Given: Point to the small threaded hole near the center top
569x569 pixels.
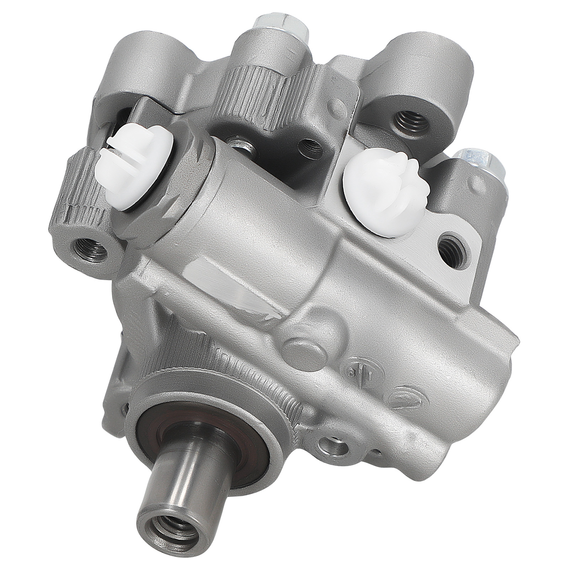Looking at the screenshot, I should (x=309, y=146).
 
